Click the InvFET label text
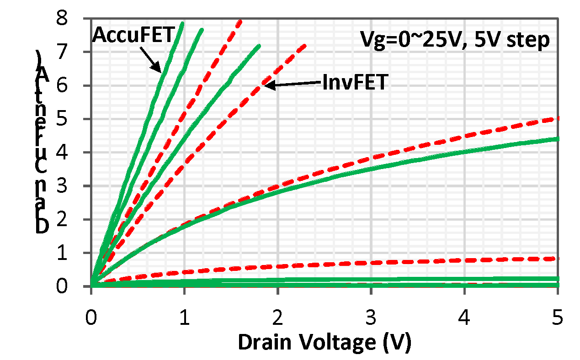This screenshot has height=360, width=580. click(355, 83)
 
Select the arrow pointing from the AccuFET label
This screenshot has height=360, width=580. click(150, 59)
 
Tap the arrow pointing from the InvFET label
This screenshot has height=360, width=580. click(293, 84)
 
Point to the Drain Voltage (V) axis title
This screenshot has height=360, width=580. click(325, 342)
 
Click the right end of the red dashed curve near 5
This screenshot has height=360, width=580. click(557, 118)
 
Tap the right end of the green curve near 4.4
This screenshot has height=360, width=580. click(557, 138)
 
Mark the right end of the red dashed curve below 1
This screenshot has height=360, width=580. click(557, 259)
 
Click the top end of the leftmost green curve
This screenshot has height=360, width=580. click(182, 23)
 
